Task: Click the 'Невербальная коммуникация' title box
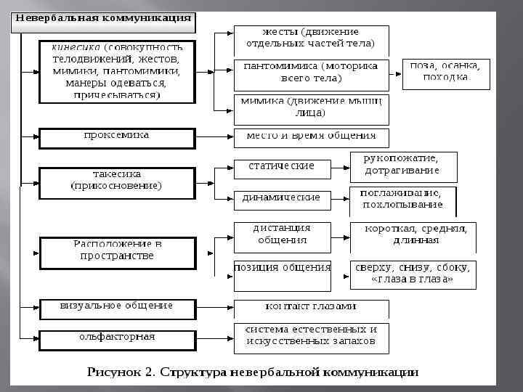(x=104, y=20)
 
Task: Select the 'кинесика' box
(x=116, y=71)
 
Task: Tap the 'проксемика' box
(x=116, y=137)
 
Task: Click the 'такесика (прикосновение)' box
(x=116, y=181)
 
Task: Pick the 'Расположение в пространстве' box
(x=116, y=251)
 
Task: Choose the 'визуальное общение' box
(x=116, y=307)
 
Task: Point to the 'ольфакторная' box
(x=116, y=338)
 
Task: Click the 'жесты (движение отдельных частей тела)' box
(x=311, y=39)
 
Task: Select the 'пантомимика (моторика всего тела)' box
(x=311, y=73)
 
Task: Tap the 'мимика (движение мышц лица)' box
(x=311, y=108)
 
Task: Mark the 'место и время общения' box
(x=311, y=137)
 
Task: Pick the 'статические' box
(x=281, y=168)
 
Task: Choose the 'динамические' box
(x=281, y=199)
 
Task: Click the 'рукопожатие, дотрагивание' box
(x=403, y=167)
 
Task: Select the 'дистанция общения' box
(x=281, y=236)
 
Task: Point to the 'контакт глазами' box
(x=311, y=308)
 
